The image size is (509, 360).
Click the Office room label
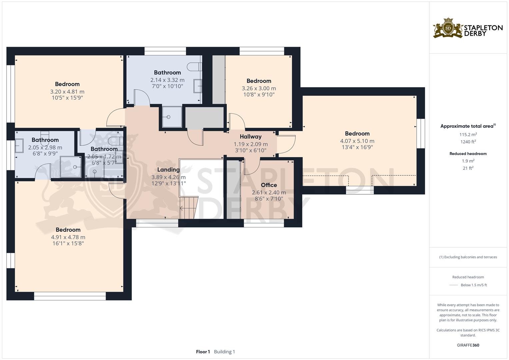tap(269, 185)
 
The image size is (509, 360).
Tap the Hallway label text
tap(250, 136)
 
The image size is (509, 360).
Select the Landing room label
tap(168, 170)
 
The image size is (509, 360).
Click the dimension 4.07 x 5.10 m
tap(357, 141)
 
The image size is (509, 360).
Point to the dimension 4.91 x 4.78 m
tap(68, 237)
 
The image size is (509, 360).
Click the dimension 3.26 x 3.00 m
tap(259, 88)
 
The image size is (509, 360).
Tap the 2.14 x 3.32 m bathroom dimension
tap(167, 80)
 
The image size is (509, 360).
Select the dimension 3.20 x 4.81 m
tap(67, 92)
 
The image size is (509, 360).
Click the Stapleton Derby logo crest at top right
tap(448, 28)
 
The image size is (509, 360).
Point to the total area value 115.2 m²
tap(468, 135)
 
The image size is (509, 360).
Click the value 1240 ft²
tap(468, 142)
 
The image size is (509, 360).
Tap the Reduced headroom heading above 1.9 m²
tap(468, 154)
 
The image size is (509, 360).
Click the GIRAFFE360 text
tap(468, 345)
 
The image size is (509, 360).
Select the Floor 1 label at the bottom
tap(203, 352)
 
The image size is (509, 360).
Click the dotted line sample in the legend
tap(454, 285)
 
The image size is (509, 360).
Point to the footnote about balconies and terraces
tap(468, 257)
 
